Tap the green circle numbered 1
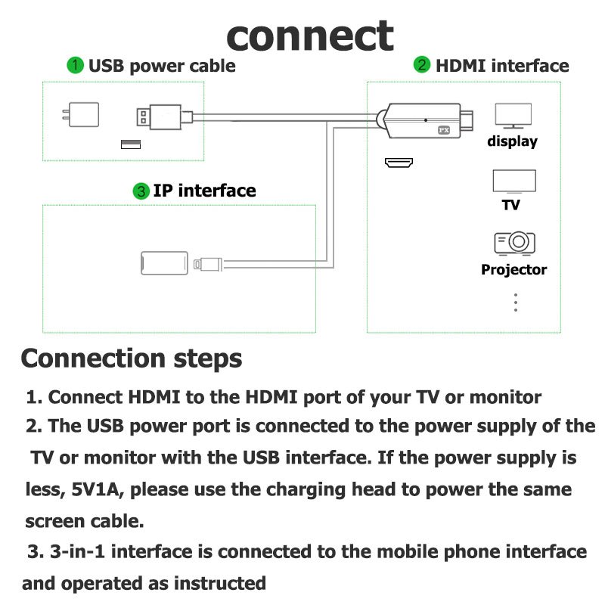[x=76, y=66]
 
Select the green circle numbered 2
[x=422, y=66]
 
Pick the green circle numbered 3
[x=141, y=191]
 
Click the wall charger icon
[x=79, y=116]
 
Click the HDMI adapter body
[x=423, y=121]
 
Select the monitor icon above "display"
[x=513, y=115]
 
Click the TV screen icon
[x=514, y=182]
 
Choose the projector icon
[x=514, y=243]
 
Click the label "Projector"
[x=513, y=270]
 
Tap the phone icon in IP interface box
[x=163, y=263]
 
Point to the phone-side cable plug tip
[x=199, y=264]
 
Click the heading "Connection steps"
[x=132, y=358]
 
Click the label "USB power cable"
[x=162, y=66]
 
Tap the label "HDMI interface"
[x=501, y=66]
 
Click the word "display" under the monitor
[x=512, y=141]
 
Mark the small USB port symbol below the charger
[x=130, y=144]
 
